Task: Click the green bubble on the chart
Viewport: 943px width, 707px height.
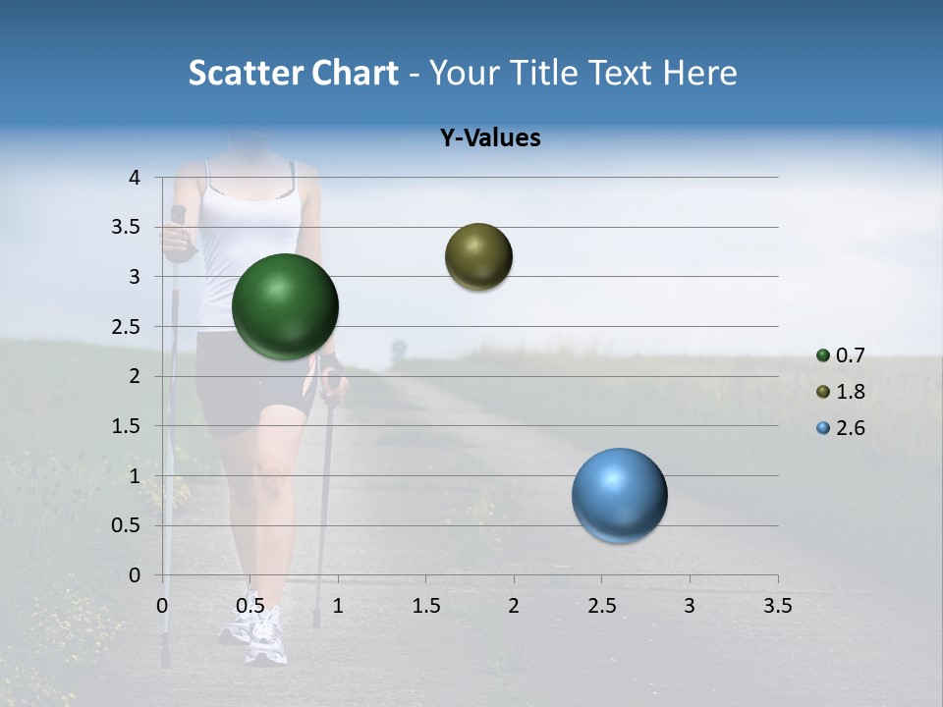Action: pyautogui.click(x=285, y=306)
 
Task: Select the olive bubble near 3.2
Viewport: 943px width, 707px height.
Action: pyautogui.click(x=478, y=256)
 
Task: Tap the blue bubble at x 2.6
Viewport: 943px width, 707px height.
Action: pyautogui.click(x=619, y=495)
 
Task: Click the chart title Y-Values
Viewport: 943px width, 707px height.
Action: pyautogui.click(x=490, y=138)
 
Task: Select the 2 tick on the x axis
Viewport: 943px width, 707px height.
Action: pyautogui.click(x=514, y=606)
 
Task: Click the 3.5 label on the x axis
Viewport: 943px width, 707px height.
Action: pyautogui.click(x=777, y=606)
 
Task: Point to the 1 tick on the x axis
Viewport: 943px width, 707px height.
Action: pyautogui.click(x=338, y=606)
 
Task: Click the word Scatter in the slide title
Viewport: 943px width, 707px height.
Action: pyautogui.click(x=246, y=73)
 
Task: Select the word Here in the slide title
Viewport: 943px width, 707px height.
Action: pyautogui.click(x=699, y=73)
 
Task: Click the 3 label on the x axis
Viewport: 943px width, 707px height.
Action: pyautogui.click(x=689, y=606)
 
